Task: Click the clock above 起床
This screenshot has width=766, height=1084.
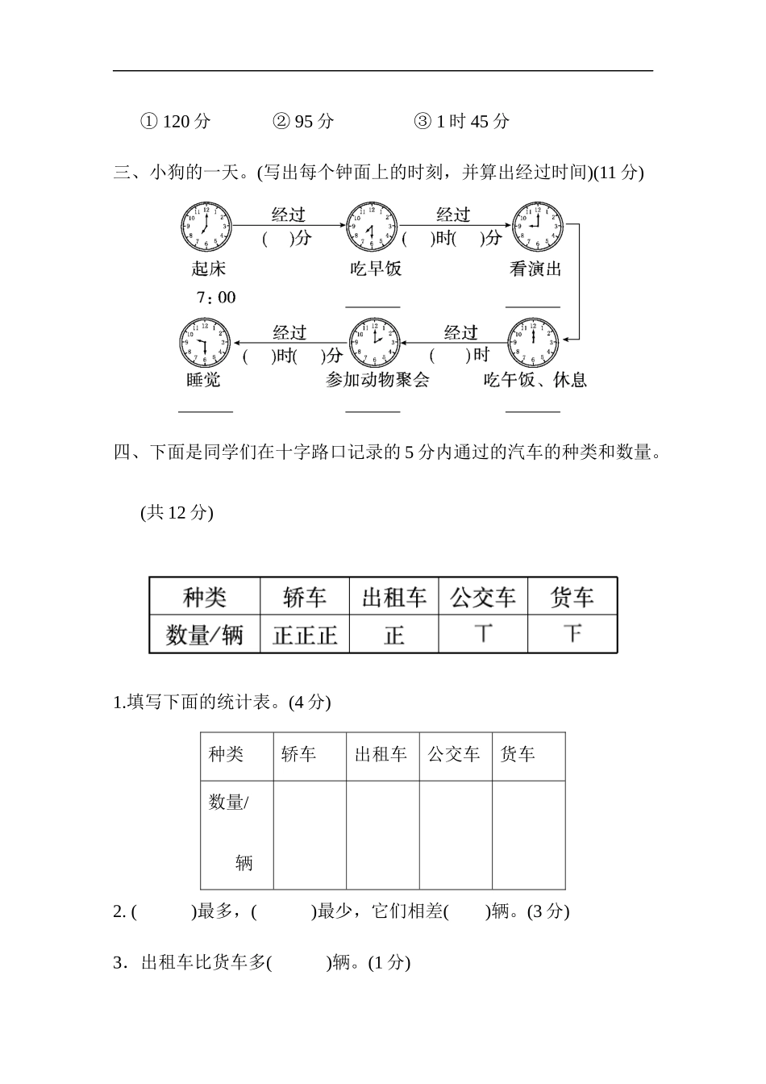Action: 206,227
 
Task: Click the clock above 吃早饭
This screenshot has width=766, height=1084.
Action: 372,227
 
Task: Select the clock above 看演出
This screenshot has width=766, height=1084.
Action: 537,227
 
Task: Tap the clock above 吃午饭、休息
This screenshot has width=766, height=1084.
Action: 533,344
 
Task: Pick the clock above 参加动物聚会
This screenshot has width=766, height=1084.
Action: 374,344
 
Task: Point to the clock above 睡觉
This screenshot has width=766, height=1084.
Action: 204,344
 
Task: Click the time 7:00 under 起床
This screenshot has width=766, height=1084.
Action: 215,298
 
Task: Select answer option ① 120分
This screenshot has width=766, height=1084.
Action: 176,122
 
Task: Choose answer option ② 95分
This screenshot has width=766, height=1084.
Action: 303,122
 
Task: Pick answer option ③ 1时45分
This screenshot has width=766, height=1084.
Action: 462,122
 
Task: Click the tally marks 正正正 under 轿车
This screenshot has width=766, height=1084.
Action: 305,635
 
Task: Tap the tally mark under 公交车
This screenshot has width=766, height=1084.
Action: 483,634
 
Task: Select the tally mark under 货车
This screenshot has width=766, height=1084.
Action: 572,634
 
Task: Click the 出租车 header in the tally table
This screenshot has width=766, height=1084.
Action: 393,598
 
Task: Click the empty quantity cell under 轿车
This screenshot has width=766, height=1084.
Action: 310,835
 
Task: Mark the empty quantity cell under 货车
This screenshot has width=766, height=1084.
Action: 528,835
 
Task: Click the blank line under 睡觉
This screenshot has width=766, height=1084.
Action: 206,411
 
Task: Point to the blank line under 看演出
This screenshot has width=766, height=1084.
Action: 533,306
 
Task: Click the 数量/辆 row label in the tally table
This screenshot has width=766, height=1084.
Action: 205,635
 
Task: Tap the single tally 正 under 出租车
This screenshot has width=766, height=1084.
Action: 393,635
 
